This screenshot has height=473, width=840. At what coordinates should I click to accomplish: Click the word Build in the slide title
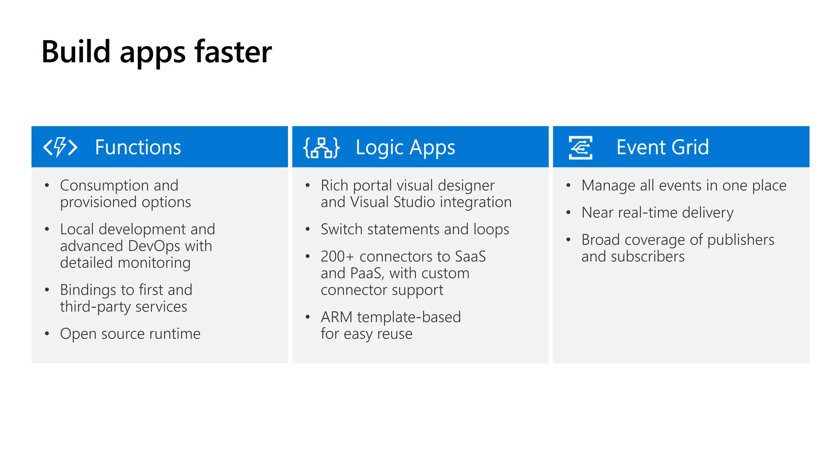coord(76,52)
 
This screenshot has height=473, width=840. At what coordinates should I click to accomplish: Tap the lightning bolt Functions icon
coord(60,147)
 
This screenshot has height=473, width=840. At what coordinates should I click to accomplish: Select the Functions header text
coord(138,147)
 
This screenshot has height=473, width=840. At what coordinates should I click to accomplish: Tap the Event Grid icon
coord(580,147)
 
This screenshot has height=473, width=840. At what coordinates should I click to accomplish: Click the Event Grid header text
coord(662,147)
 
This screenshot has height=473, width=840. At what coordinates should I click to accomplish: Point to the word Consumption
coord(104,186)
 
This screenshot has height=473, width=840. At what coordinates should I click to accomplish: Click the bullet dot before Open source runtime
coord(47,334)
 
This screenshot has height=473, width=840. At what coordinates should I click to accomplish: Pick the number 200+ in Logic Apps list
coord(337,257)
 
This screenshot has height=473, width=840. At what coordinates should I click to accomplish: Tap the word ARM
coord(336,317)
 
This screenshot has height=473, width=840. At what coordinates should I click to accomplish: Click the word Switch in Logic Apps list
coord(341,229)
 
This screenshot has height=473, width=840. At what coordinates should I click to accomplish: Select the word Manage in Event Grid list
coord(608,186)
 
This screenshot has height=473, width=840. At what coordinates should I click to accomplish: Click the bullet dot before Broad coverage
coord(568,240)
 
